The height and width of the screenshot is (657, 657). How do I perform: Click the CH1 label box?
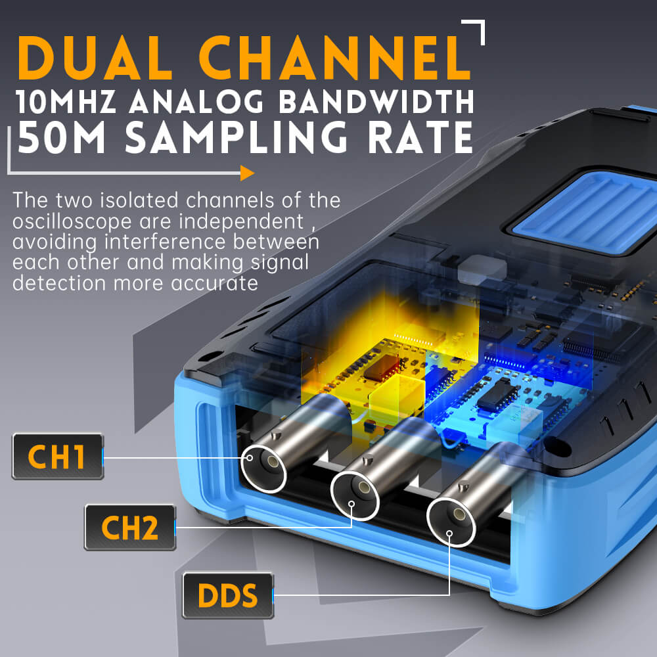coord(58,457)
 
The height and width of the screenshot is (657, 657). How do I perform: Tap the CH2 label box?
coord(129,528)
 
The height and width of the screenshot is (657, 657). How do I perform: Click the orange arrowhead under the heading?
coord(247,173)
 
